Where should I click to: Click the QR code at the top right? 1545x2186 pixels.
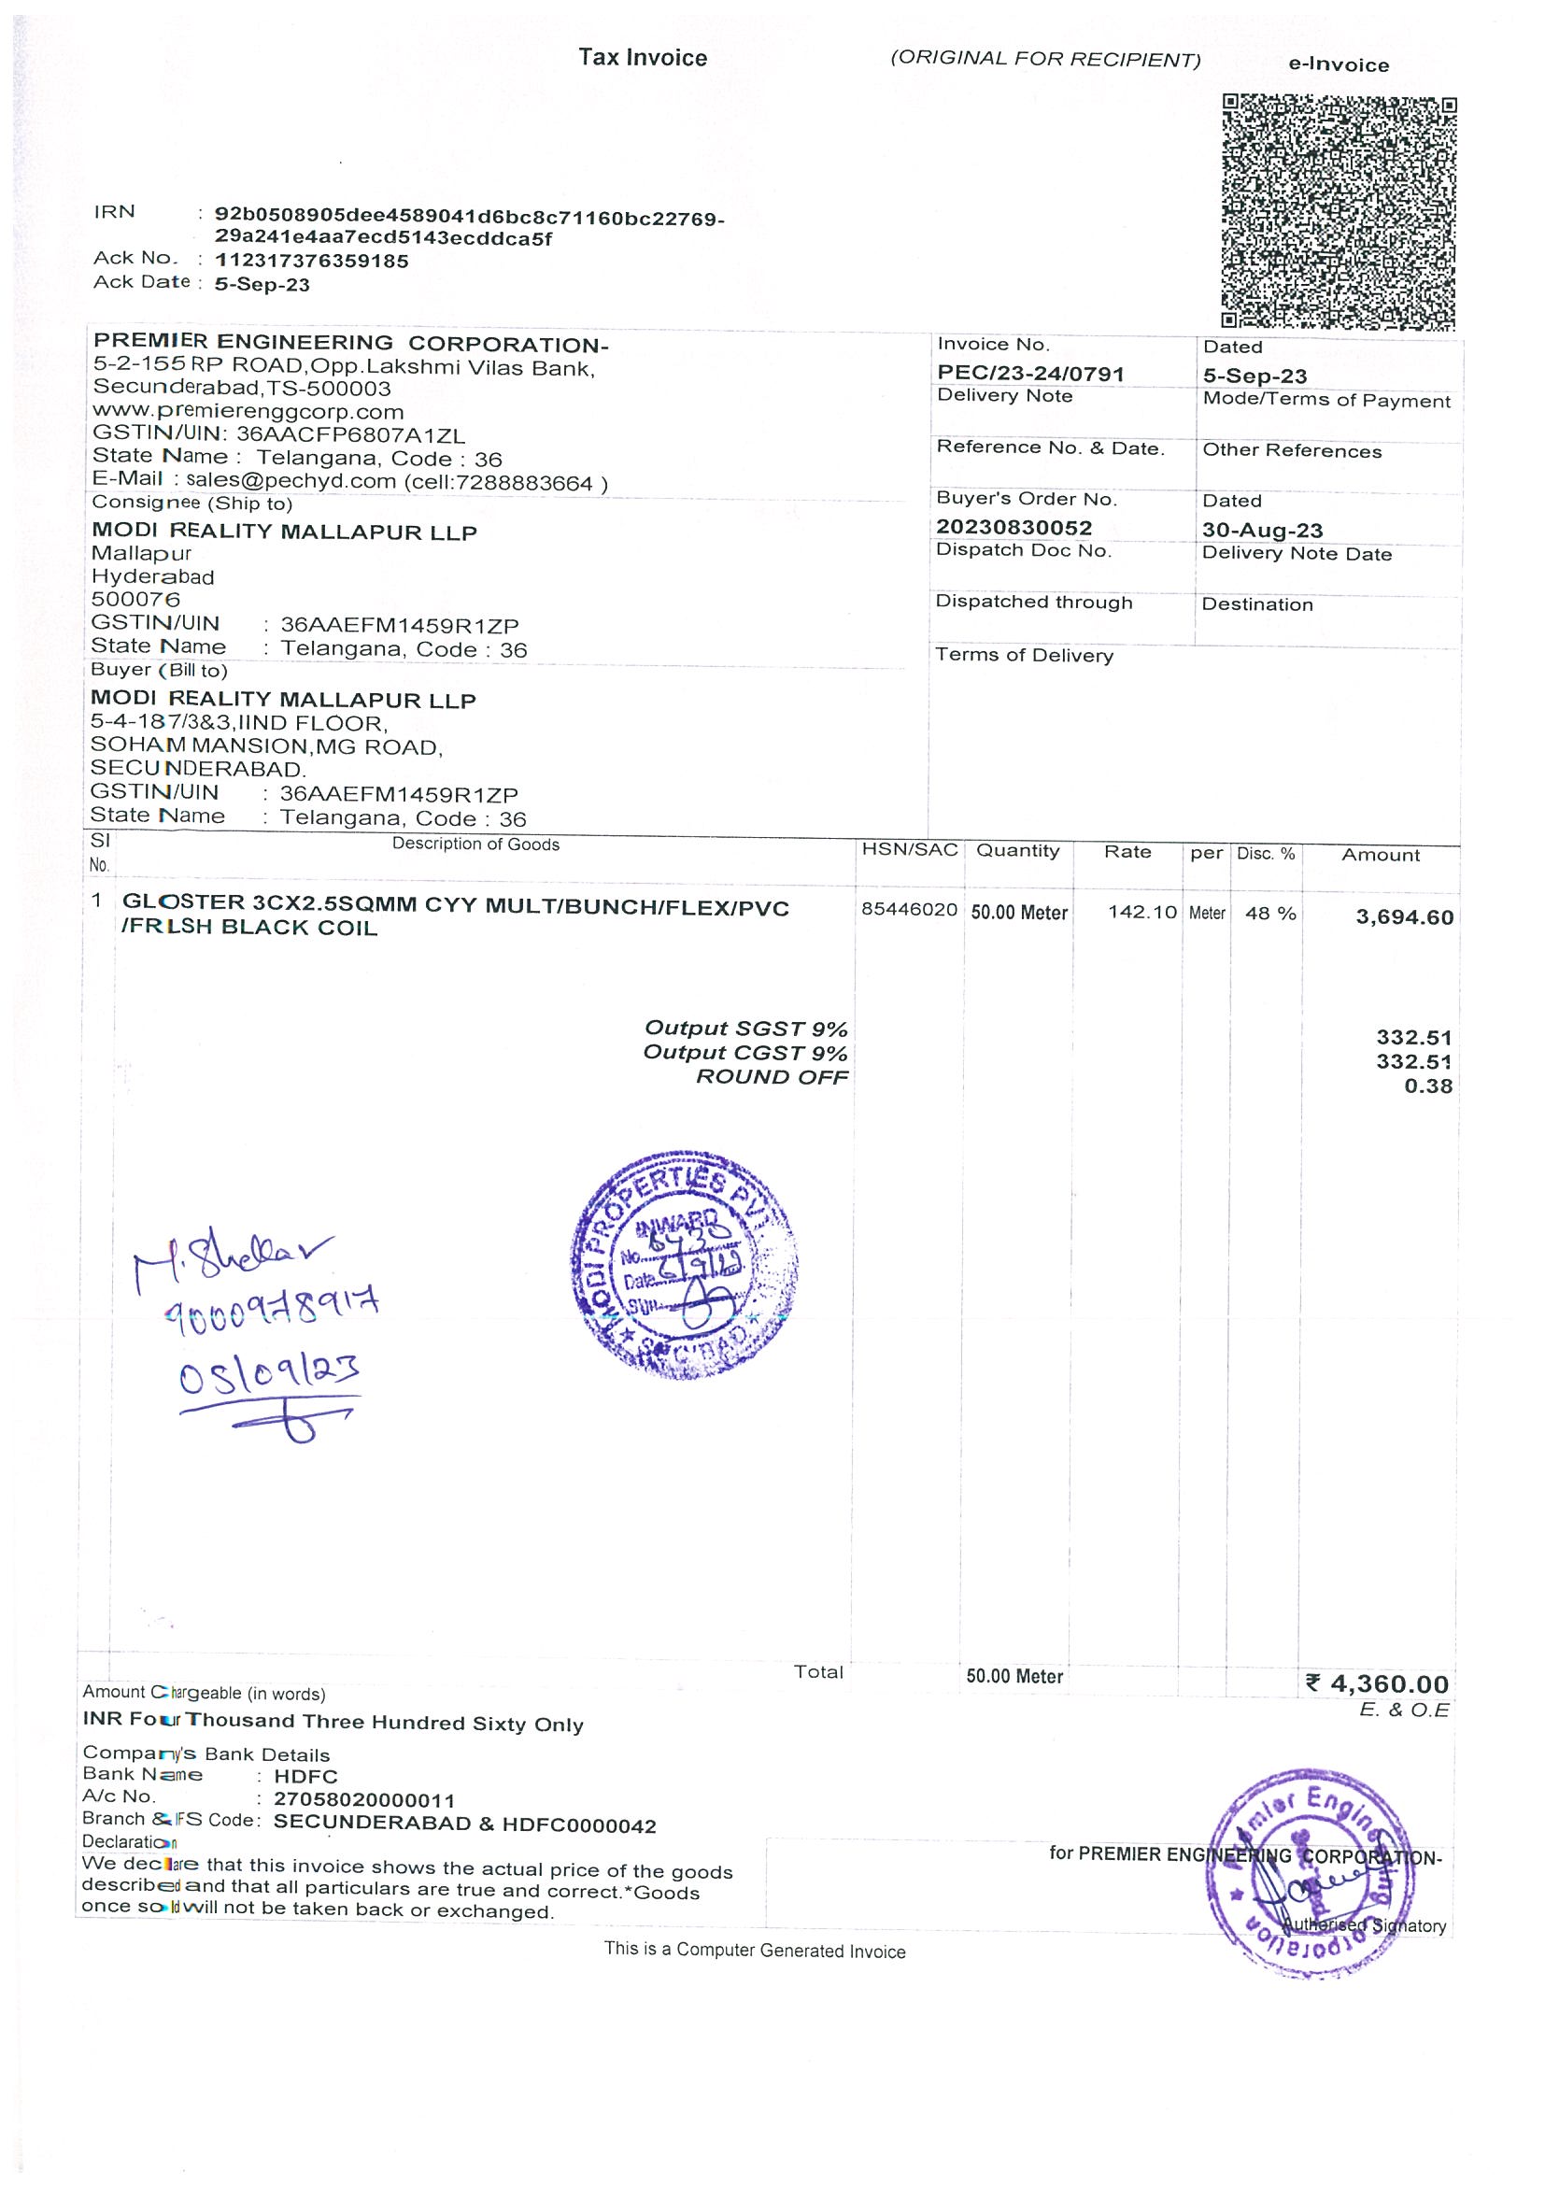pyautogui.click(x=1339, y=211)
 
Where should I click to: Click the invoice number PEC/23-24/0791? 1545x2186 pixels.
pyautogui.click(x=1030, y=375)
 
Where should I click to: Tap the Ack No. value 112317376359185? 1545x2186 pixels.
pyautogui.click(x=311, y=261)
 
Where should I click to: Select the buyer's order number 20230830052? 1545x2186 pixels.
pyautogui.click(x=1013, y=528)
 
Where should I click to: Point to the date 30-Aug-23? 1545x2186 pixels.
pyautogui.click(x=1261, y=531)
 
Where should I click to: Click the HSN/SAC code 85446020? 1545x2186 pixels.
pyautogui.click(x=909, y=909)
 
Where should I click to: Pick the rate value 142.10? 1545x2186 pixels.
pyautogui.click(x=1142, y=912)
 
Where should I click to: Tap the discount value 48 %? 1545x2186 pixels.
pyautogui.click(x=1269, y=913)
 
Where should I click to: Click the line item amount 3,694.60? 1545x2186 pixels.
pyautogui.click(x=1404, y=917)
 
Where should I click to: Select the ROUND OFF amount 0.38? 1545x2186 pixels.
pyautogui.click(x=1428, y=1086)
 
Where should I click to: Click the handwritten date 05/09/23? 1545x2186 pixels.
pyautogui.click(x=269, y=1374)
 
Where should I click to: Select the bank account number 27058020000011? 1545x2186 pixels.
pyautogui.click(x=364, y=1800)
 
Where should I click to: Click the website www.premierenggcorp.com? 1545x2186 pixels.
pyautogui.click(x=248, y=411)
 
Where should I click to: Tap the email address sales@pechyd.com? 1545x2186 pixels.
pyautogui.click(x=291, y=481)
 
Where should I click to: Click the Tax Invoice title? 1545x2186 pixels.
pyautogui.click(x=643, y=58)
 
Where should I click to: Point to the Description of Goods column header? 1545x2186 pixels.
pyautogui.click(x=475, y=845)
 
